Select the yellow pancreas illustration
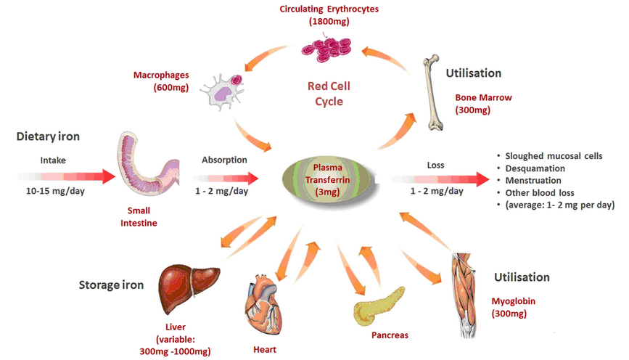click(377, 304)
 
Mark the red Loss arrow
click(443, 177)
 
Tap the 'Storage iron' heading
click(110, 285)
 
